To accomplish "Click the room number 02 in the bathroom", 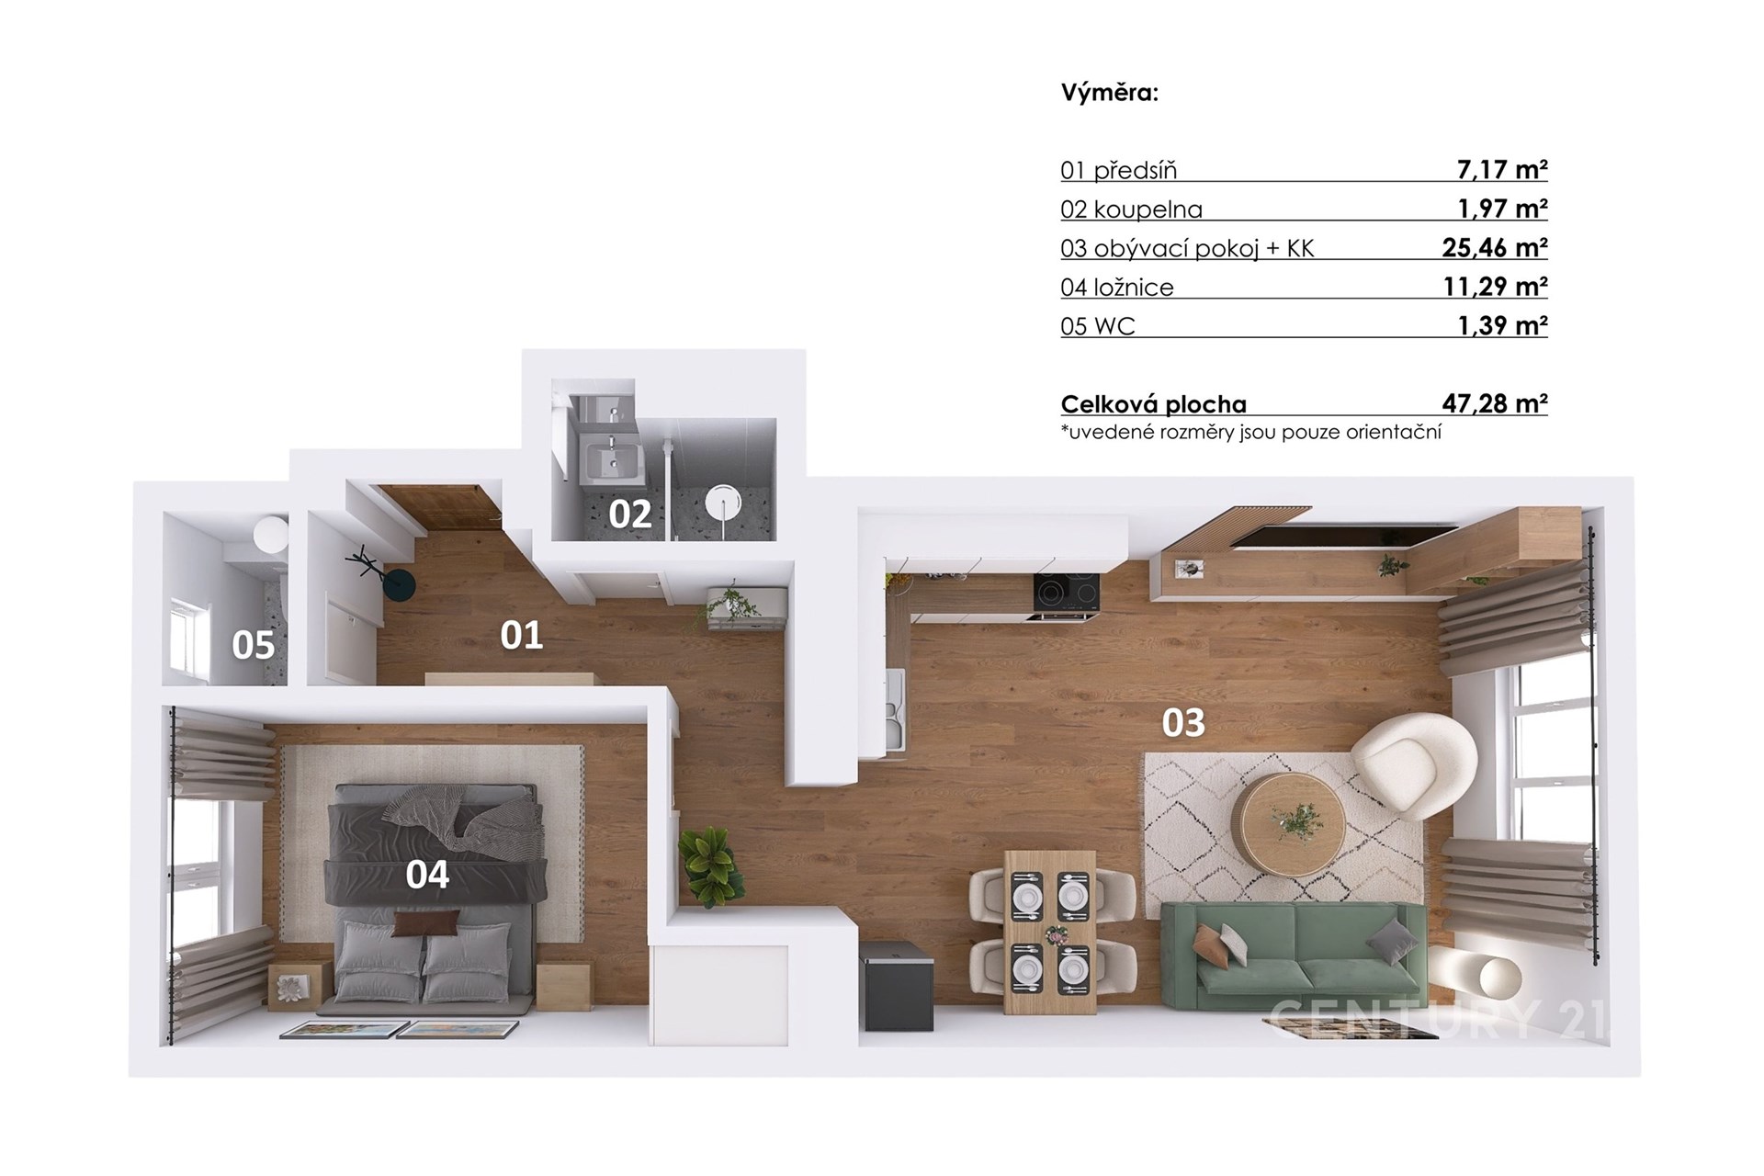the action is tap(630, 514).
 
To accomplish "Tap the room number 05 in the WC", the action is tap(254, 645).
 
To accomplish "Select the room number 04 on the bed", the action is tap(427, 875).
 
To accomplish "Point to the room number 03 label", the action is tap(1183, 723).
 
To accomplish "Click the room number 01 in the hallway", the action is tap(521, 636).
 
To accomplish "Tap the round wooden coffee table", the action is tap(1289, 821).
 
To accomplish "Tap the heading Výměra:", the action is tap(1110, 93).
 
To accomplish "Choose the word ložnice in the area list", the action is tap(1134, 288).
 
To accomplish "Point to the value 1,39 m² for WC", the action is tap(1502, 325).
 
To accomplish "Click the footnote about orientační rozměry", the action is tap(1250, 432).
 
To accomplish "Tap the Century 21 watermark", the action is tap(1438, 1019).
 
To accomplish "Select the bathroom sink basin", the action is tap(607, 458).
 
